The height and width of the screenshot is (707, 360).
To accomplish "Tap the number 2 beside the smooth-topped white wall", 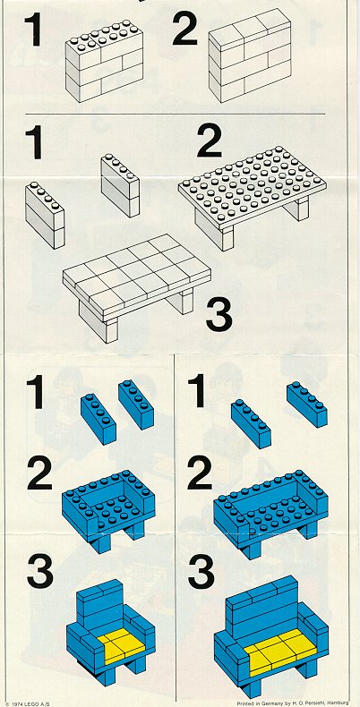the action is pyautogui.click(x=185, y=30).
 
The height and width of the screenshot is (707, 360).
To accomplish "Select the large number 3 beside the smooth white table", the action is pyautogui.click(x=219, y=315).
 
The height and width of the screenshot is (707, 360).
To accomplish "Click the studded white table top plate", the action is pyautogui.click(x=253, y=186).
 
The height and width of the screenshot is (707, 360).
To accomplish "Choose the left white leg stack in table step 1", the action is pyautogui.click(x=45, y=215).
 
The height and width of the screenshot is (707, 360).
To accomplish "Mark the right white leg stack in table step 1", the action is pyautogui.click(x=120, y=185).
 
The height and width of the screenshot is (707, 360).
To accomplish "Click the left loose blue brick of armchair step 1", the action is pyautogui.click(x=99, y=419).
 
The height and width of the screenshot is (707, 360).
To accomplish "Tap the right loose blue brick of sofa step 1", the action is pyautogui.click(x=307, y=404).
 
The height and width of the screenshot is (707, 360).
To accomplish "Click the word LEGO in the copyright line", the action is pyautogui.click(x=27, y=703).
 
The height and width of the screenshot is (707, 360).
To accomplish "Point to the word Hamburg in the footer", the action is pyautogui.click(x=339, y=703).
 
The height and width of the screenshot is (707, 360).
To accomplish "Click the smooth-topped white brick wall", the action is pyautogui.click(x=250, y=55).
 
